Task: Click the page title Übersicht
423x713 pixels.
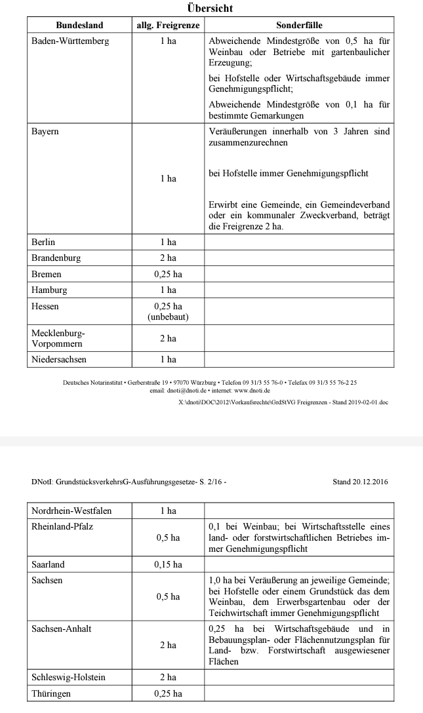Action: (x=210, y=9)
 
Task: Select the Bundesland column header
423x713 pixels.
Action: (x=79, y=25)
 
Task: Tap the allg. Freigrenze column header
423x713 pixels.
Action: (x=168, y=25)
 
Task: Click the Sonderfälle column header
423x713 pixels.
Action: (x=299, y=25)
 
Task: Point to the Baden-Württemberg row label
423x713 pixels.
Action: (x=70, y=41)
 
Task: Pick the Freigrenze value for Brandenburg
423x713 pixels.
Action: (x=168, y=258)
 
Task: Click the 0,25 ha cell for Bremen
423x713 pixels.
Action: (x=168, y=274)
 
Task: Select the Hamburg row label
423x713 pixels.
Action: (x=49, y=290)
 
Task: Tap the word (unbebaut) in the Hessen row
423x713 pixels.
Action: (x=168, y=317)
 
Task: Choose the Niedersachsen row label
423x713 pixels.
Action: (x=59, y=359)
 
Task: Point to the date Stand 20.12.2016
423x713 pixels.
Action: (x=360, y=482)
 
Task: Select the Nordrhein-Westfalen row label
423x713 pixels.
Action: (x=71, y=511)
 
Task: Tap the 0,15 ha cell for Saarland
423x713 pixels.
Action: (x=168, y=564)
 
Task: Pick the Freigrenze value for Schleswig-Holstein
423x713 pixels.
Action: (x=168, y=677)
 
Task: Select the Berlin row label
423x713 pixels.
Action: (x=43, y=242)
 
